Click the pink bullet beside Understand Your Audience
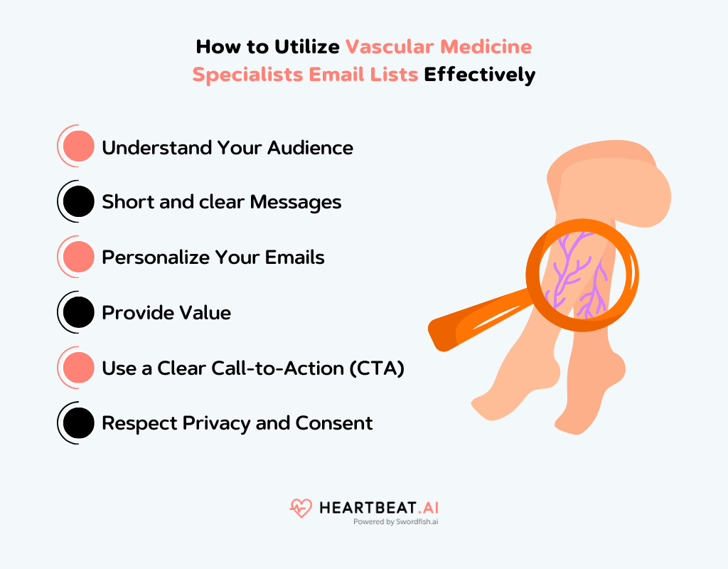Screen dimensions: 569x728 pyautogui.click(x=78, y=147)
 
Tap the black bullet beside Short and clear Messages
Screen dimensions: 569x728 pyautogui.click(x=78, y=202)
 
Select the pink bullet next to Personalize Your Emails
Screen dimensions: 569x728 pyautogui.click(x=78, y=257)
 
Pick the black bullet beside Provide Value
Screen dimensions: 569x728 pyautogui.click(x=78, y=312)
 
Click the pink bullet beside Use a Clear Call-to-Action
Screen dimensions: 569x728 pyautogui.click(x=78, y=368)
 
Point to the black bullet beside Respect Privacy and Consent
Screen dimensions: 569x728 pyautogui.click(x=78, y=423)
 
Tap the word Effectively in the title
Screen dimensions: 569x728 pyautogui.click(x=480, y=75)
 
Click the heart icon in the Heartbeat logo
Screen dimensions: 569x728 pyautogui.click(x=301, y=508)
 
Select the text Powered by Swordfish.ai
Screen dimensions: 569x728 pyautogui.click(x=400, y=521)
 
